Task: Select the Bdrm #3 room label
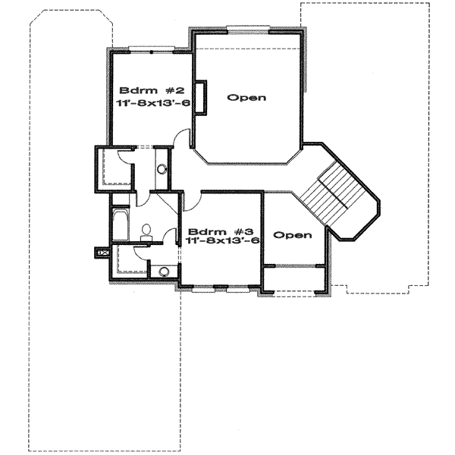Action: (217, 231)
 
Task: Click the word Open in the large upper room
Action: (246, 98)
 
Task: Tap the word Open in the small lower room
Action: (292, 235)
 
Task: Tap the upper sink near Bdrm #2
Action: (161, 170)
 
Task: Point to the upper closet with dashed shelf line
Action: (111, 169)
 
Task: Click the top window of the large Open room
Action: (246, 30)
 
